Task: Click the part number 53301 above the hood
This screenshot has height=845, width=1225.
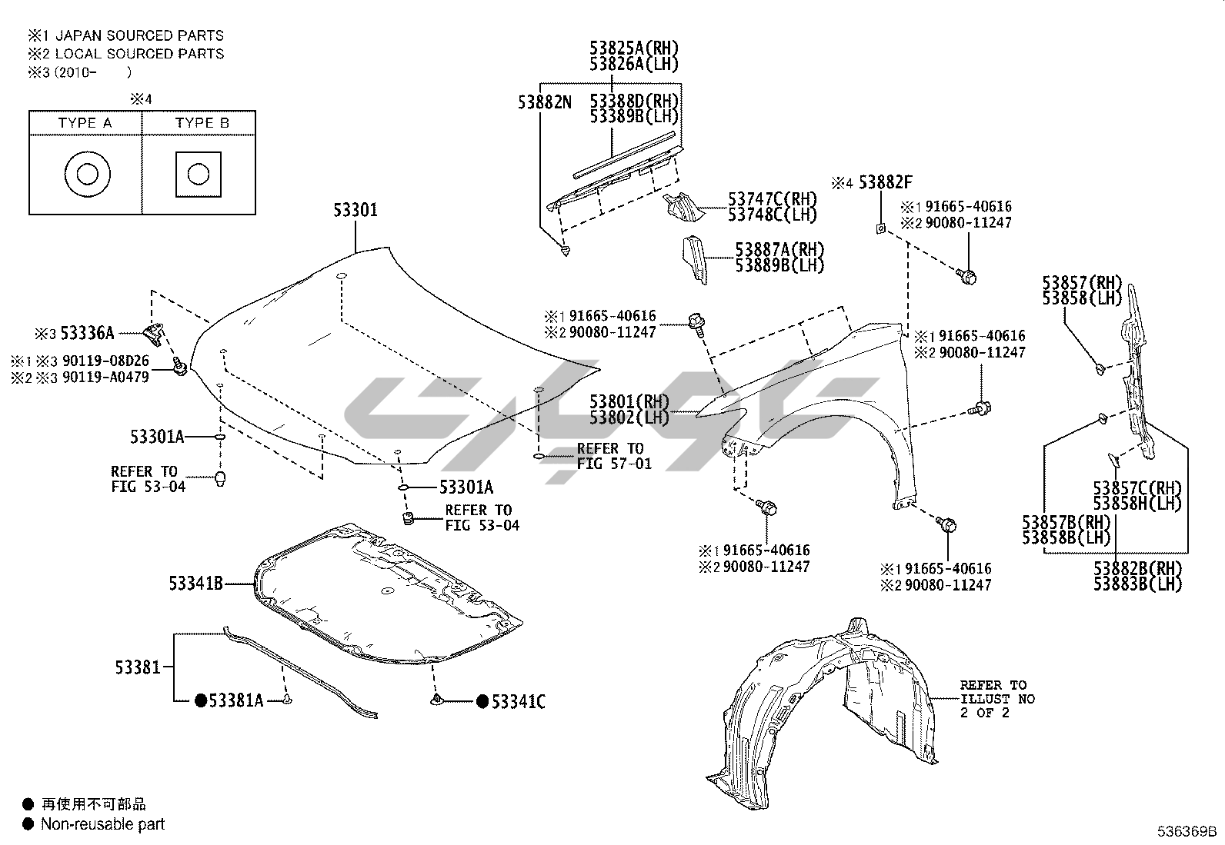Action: click(355, 209)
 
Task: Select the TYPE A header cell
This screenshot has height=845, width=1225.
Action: click(85, 123)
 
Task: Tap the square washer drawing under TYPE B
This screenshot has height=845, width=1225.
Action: click(199, 174)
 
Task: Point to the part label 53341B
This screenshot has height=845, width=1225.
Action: click(196, 584)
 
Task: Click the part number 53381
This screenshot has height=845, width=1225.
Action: click(138, 667)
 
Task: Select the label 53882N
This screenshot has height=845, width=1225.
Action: click(544, 101)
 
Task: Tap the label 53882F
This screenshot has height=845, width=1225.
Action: click(885, 182)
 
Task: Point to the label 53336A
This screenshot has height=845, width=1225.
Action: click(87, 333)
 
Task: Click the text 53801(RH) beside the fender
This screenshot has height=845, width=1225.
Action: click(629, 401)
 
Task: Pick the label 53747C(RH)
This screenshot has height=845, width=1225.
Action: click(773, 198)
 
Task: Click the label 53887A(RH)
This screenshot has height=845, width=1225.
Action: click(779, 249)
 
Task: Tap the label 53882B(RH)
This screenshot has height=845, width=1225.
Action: click(1137, 568)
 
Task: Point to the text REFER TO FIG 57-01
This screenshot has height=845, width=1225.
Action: click(609, 456)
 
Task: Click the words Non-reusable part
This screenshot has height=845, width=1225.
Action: click(102, 824)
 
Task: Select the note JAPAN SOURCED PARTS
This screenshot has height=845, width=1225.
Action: click(139, 35)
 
